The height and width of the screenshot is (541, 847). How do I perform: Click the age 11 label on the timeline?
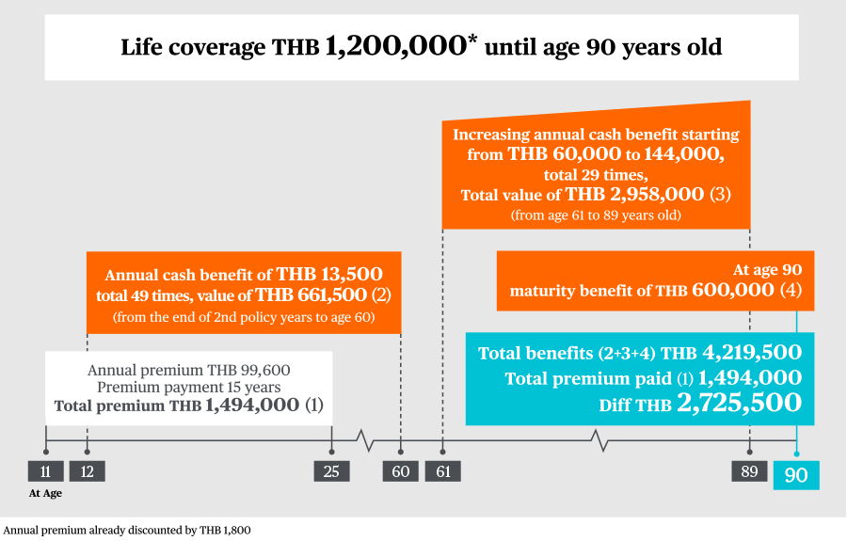(45, 470)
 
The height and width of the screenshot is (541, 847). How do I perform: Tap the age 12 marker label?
(87, 470)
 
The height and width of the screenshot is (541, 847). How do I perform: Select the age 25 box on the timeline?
(331, 470)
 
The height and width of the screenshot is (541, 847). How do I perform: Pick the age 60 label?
(400, 470)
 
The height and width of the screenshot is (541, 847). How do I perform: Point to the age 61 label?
(443, 470)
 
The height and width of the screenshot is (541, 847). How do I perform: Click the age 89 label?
(749, 470)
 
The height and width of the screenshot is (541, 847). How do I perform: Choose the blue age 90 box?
(796, 475)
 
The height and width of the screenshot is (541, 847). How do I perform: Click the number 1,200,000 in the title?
(395, 46)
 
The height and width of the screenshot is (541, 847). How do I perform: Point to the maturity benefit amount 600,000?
(733, 290)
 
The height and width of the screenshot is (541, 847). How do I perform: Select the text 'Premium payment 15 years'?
(188, 387)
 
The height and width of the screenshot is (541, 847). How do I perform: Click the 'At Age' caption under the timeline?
(45, 493)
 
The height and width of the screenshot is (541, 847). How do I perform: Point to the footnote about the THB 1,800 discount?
(126, 530)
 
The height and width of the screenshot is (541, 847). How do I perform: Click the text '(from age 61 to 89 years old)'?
(596, 215)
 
